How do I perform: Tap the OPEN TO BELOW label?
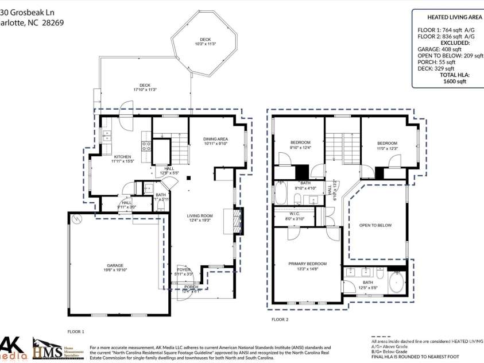pos(376,225)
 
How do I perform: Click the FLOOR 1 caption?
pos(76,331)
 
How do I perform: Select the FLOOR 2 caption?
pos(280,319)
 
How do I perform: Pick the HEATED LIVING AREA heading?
pos(447,18)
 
